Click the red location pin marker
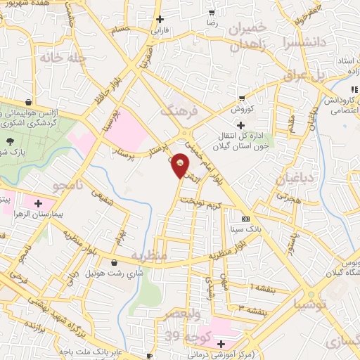click(181, 165)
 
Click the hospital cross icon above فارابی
click(160, 19)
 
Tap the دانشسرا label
click(304, 42)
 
